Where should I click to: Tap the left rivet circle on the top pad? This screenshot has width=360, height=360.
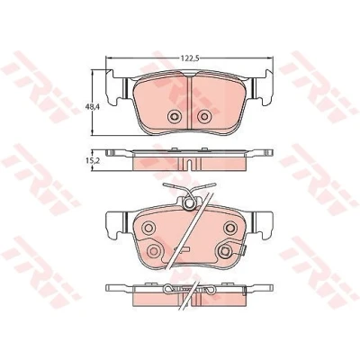click(x=174, y=116)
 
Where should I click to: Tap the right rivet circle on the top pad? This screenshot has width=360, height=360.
click(x=204, y=116)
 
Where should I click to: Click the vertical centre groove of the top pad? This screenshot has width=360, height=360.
click(x=189, y=102)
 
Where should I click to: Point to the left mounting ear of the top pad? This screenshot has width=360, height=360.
click(x=115, y=87)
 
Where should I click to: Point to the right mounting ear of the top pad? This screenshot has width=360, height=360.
click(x=263, y=87)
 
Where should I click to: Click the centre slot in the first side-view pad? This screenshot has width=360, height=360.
click(x=189, y=164)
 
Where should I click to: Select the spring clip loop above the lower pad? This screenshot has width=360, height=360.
click(x=189, y=203)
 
